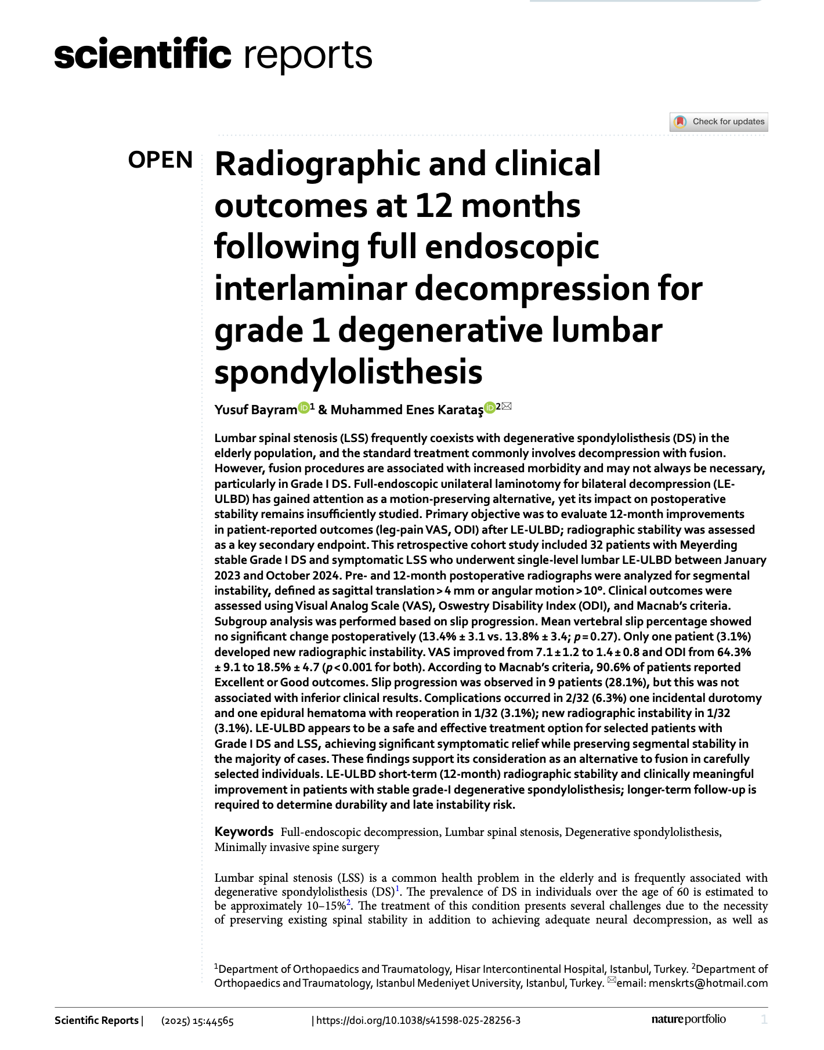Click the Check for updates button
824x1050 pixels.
pyautogui.click(x=718, y=122)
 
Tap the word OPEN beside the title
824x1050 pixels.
pyautogui.click(x=160, y=160)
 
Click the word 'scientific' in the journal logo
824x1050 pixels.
pyautogui.click(x=143, y=55)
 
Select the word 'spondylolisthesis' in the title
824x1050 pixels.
pyautogui.click(x=348, y=372)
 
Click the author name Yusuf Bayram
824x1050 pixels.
pyautogui.click(x=255, y=410)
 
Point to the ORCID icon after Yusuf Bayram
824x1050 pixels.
pyautogui.click(x=303, y=408)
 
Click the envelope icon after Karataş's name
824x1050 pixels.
pyautogui.click(x=507, y=407)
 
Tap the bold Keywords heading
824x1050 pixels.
pyautogui.click(x=244, y=832)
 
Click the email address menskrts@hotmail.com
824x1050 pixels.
pyautogui.click(x=708, y=983)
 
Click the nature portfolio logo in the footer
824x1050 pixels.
pyautogui.click(x=688, y=1019)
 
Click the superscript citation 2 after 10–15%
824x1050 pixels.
pyautogui.click(x=349, y=903)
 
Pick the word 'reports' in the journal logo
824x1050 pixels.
pyautogui.click(x=308, y=55)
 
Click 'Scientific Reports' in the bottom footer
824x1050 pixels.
pyautogui.click(x=96, y=1020)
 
